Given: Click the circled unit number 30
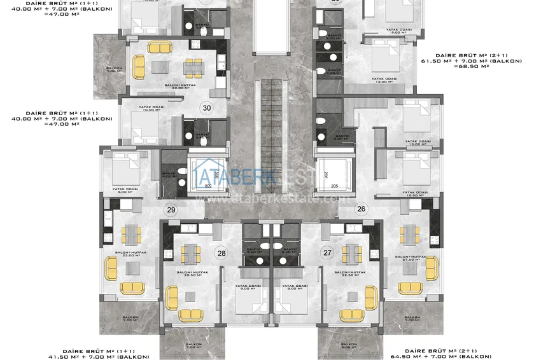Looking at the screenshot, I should (x=206, y=108).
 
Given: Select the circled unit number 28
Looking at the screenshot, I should (x=221, y=253).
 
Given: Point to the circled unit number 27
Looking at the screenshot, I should (x=328, y=253).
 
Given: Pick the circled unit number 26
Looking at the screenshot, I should (x=362, y=208).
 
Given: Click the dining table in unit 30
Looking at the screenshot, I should (x=190, y=67).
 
